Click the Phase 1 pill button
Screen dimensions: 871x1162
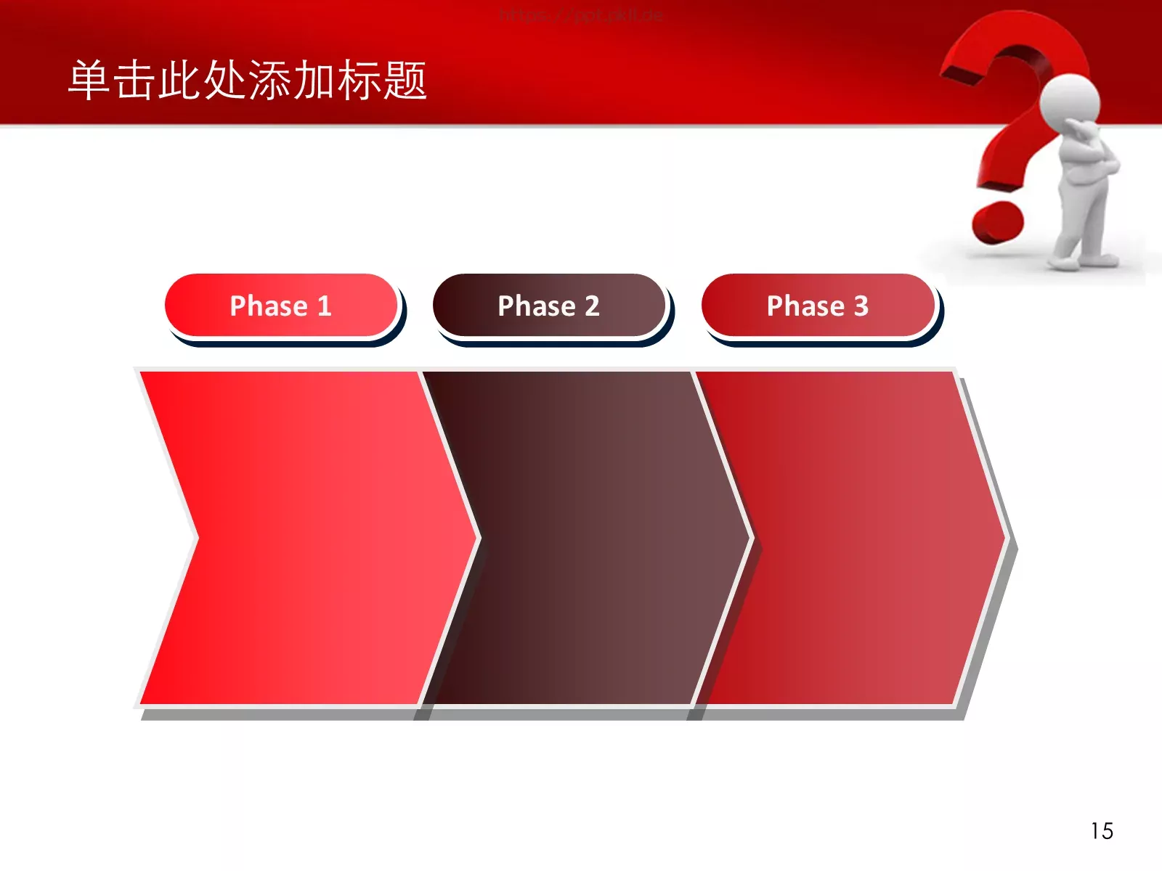pyautogui.click(x=281, y=306)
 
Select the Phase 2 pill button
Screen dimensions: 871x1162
pyautogui.click(x=549, y=306)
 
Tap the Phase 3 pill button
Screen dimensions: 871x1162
pyautogui.click(x=818, y=306)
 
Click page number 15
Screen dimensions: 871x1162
pyautogui.click(x=1101, y=831)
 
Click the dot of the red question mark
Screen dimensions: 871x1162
pyautogui.click(x=998, y=221)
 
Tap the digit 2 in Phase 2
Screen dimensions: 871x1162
pyautogui.click(x=592, y=306)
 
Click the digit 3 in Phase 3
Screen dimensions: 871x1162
pyautogui.click(x=861, y=306)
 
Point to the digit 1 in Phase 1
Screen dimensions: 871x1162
pyautogui.click(x=324, y=306)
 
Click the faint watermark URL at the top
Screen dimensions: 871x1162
pyautogui.click(x=581, y=15)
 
